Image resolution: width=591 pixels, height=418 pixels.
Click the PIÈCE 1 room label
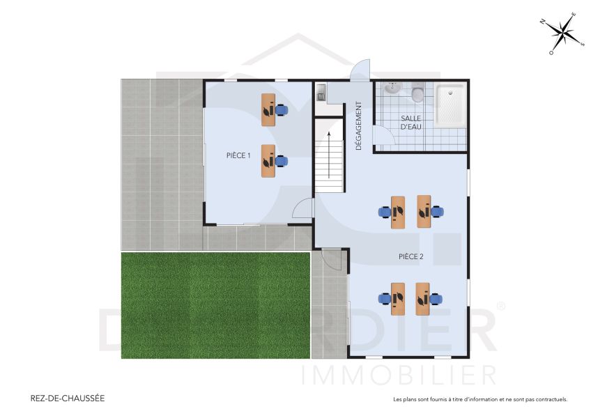pos(238,155)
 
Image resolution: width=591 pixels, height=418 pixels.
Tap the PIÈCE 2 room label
pos(410,256)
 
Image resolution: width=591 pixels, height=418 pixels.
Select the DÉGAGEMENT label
pos(359,126)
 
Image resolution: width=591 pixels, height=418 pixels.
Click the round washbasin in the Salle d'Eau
pos(393,88)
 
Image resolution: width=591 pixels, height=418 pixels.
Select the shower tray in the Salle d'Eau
pos(451,105)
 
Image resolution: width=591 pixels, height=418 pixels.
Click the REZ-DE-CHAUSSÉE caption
pos(68,398)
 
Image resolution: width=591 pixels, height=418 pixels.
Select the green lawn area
pos(215,305)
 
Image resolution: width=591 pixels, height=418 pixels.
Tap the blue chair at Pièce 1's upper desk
pos(281,109)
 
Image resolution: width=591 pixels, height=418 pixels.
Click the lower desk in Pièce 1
pos(268,161)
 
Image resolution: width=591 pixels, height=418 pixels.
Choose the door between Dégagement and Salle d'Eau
pos(384,137)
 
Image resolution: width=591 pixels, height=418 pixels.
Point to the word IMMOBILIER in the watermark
pos(398,374)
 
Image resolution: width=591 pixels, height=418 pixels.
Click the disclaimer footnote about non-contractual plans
pos(479,400)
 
